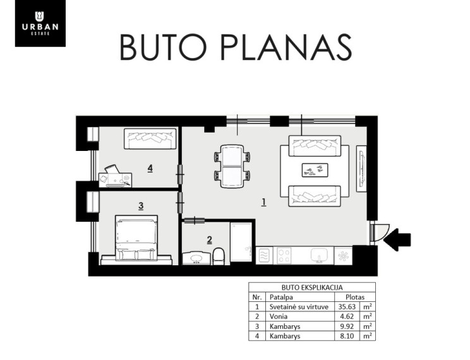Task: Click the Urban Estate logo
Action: pos(40,23)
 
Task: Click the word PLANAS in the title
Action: pos(286,48)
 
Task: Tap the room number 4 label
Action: pos(150,169)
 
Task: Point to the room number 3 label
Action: pos(141,206)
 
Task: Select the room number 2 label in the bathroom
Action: pos(210,240)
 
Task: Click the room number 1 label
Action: pos(264,202)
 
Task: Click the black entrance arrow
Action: pos(397,239)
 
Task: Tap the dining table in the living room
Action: pos(232,166)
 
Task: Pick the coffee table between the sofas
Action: pos(315,171)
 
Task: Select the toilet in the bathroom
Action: pos(219,256)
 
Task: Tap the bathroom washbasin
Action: pos(196,258)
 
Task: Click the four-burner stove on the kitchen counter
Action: pos(284,256)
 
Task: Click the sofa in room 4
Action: pos(150,138)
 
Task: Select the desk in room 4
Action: pos(116,180)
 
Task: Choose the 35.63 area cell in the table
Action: pos(347,307)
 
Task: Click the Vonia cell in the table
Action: pos(279,316)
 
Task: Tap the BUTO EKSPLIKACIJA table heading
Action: pos(312,287)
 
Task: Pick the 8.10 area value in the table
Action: pos(347,336)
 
